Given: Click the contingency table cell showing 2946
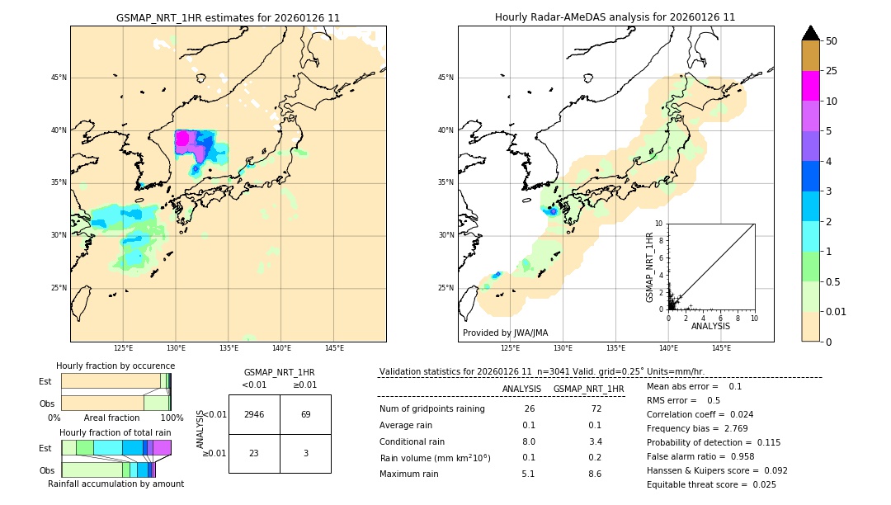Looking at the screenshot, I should (254, 414).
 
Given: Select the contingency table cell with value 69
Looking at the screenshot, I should (305, 414).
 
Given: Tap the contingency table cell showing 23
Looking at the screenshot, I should (254, 453).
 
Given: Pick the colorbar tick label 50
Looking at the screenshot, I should (832, 41).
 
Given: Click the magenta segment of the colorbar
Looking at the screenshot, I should (810, 86).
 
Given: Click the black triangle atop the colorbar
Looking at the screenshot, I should (810, 33).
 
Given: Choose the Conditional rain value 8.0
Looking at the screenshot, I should (529, 441).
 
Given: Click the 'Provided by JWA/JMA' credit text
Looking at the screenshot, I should (505, 333).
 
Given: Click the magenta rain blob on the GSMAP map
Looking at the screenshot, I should (182, 139).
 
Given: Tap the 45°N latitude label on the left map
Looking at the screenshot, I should (59, 78).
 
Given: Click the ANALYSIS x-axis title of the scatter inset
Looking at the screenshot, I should (710, 326).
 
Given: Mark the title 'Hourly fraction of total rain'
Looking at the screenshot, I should (115, 432).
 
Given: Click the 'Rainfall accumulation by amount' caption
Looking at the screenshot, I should (115, 484).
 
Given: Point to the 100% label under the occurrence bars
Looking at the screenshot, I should (171, 418).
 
